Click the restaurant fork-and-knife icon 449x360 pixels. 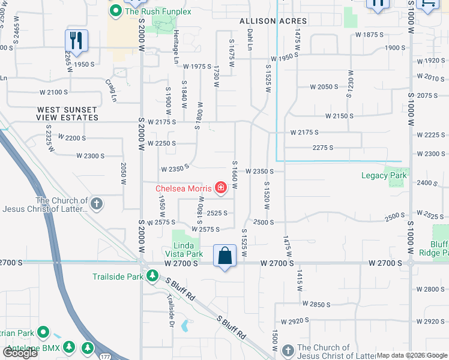point(76,40)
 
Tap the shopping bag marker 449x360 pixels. point(224,256)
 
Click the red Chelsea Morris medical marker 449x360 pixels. point(221,188)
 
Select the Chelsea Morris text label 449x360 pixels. point(184,188)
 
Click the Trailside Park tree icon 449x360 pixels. point(153,276)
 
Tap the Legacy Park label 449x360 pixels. point(384,176)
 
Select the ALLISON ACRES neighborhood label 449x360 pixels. point(273,21)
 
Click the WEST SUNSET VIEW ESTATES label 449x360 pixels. point(67,114)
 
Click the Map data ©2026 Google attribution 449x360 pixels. point(412,355)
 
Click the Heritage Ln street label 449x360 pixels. point(176,53)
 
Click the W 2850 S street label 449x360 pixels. point(317,304)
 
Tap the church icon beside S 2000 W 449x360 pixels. point(96,204)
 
